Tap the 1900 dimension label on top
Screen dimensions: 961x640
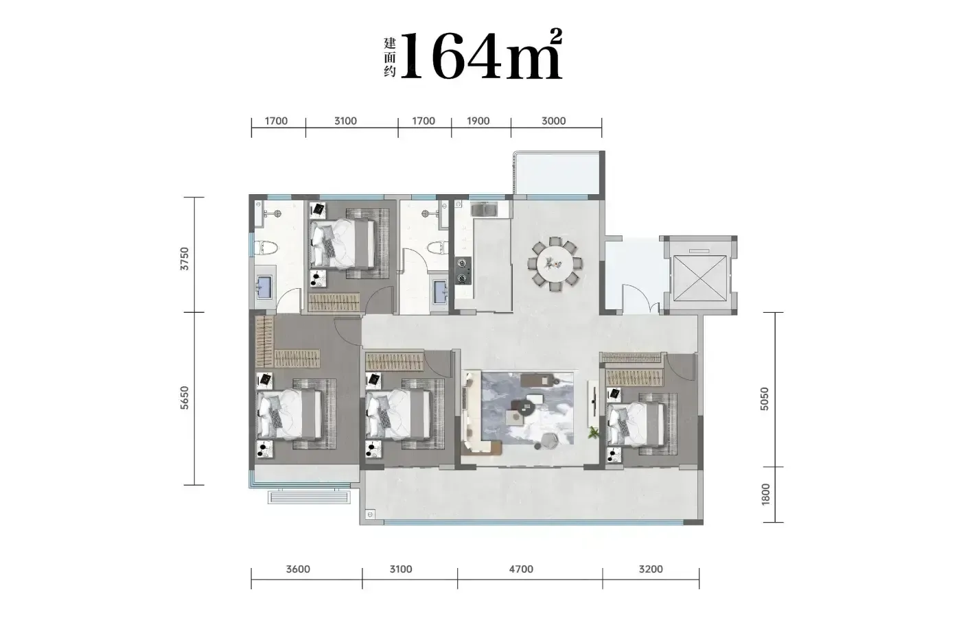478,121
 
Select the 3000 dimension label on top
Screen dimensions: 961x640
553,121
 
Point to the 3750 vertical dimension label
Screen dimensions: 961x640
185,259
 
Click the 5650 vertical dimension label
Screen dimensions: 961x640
185,398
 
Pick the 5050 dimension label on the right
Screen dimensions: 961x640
765,399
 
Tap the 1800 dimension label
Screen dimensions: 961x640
765,495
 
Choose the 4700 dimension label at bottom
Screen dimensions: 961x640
521,569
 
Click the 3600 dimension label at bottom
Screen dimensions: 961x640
298,569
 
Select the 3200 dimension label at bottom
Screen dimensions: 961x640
651,569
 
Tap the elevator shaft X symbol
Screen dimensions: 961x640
700,278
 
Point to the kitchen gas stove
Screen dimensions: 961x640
463,270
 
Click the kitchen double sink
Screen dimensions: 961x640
485,210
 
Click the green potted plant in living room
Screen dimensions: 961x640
593,433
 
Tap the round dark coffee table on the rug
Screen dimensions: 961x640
526,407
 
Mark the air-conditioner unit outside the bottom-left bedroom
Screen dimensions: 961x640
309,497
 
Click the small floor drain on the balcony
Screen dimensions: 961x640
370,514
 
